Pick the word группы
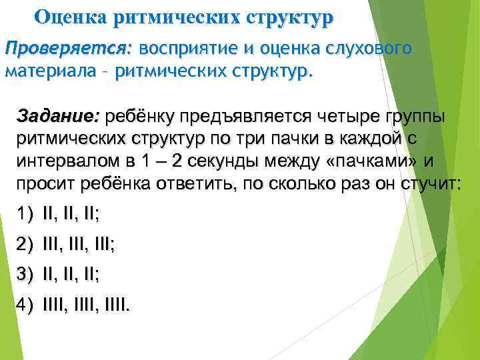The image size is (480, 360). (417, 117)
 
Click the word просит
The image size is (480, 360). (43, 185)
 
